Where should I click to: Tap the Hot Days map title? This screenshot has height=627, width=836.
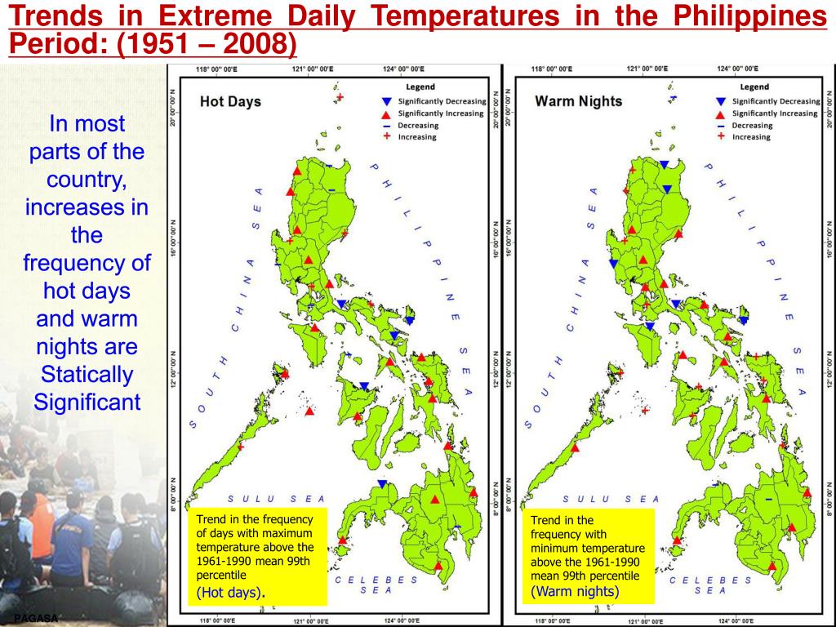(231, 102)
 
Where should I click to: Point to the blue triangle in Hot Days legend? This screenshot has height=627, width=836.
(388, 101)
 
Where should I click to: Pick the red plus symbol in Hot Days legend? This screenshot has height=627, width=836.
(388, 137)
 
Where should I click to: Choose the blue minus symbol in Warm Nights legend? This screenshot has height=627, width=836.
(721, 126)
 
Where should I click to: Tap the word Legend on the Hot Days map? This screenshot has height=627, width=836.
(420, 87)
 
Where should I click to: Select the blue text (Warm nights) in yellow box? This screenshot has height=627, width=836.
(575, 591)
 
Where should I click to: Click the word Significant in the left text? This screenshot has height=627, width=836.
(87, 402)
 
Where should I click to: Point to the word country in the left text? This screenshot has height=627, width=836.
(87, 180)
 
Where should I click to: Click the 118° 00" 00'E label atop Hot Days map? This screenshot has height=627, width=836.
(214, 69)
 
